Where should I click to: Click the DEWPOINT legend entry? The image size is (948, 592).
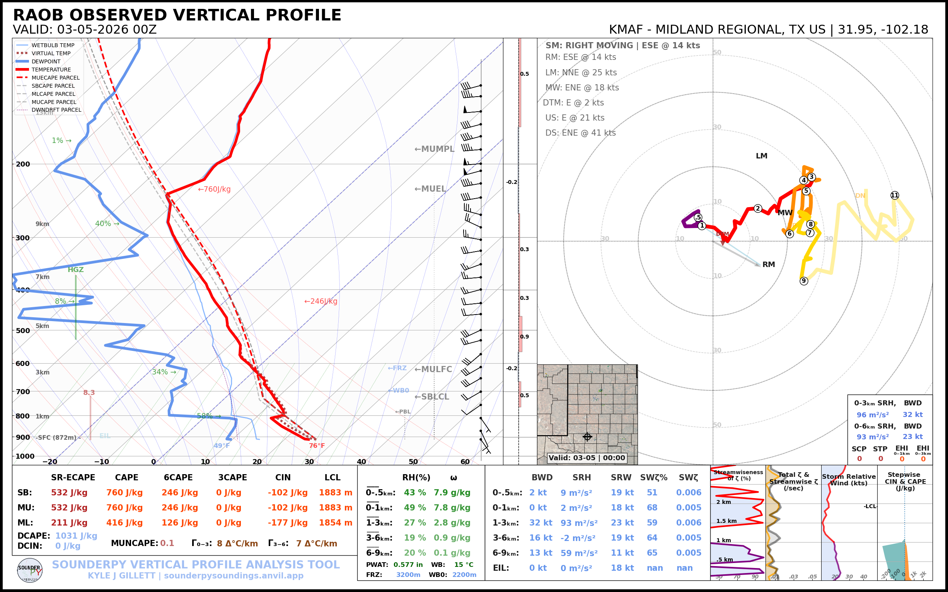pyautogui.click(x=46, y=61)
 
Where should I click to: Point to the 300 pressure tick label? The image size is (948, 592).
pyautogui.click(x=23, y=238)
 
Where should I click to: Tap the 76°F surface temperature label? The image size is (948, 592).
pyautogui.click(x=317, y=446)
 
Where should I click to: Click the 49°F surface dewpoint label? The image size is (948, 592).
pyautogui.click(x=222, y=446)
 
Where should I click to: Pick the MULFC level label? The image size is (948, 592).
pyautogui.click(x=433, y=369)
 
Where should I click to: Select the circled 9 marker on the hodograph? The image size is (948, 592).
pyautogui.click(x=804, y=281)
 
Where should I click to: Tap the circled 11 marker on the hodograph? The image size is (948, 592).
pyautogui.click(x=895, y=196)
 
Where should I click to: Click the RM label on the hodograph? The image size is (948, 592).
pyautogui.click(x=769, y=265)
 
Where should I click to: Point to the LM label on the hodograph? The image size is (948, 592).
pyautogui.click(x=762, y=156)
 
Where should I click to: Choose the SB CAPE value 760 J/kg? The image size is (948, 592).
pyautogui.click(x=124, y=493)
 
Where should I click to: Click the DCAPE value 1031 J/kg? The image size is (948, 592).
pyautogui.click(x=76, y=536)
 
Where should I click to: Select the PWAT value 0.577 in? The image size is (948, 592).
pyautogui.click(x=408, y=565)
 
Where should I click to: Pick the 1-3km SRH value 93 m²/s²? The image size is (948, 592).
pyautogui.click(x=579, y=523)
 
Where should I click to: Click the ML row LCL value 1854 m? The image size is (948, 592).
pyautogui.click(x=336, y=523)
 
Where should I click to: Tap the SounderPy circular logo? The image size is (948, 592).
pyautogui.click(x=30, y=570)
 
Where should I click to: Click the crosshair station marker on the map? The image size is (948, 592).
pyautogui.click(x=587, y=437)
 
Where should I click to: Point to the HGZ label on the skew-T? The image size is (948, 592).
pyautogui.click(x=76, y=270)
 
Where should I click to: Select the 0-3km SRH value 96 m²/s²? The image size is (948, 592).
pyautogui.click(x=872, y=415)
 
